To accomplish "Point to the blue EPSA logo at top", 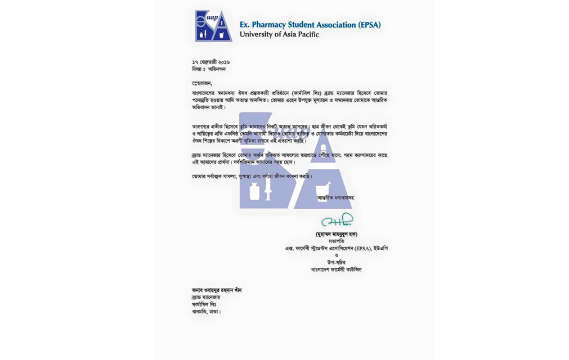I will point(213,26).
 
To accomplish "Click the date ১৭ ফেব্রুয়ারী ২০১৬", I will point(210,62).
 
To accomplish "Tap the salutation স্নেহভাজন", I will point(202,83).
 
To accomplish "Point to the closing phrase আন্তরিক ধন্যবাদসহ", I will point(335,197).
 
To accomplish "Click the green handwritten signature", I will point(337,220).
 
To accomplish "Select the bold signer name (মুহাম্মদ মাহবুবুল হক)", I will point(336,234).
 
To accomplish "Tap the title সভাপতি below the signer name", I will point(336,241).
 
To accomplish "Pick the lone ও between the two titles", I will point(336,255).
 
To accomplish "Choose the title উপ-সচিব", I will point(336,262).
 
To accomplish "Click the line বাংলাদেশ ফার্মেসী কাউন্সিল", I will point(336,269).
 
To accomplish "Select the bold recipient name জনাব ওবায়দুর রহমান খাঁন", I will point(217,290).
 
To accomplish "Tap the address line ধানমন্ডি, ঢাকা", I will point(206,311).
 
